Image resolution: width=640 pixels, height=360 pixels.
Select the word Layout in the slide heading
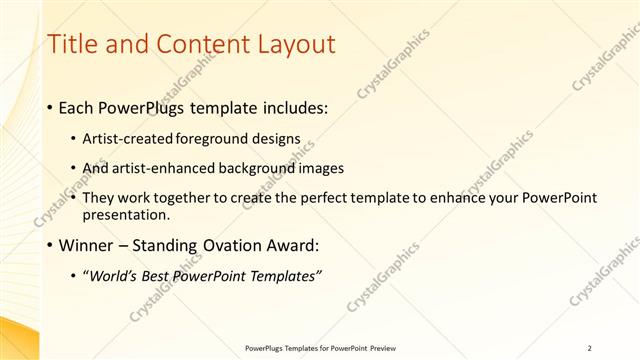point(291,45)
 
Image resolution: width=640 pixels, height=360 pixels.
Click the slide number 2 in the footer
point(590,348)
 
